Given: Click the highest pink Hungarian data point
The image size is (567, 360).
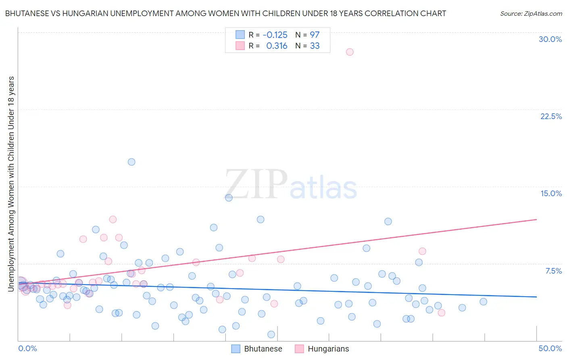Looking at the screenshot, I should coord(350,52).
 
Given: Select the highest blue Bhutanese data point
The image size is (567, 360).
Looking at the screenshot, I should coord(131,162).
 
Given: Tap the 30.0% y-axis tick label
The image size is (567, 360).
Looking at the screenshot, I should coord(550,39).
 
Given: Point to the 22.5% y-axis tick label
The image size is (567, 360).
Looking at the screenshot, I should coord(551,116).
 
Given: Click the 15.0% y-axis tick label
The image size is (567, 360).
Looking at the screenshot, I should coord(551,193).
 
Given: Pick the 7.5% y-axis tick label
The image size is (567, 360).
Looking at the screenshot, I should coord(553,271).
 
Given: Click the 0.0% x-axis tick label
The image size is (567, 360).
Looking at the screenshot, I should coord(27,348).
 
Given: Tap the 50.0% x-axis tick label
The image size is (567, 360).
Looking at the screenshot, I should coord(550,348).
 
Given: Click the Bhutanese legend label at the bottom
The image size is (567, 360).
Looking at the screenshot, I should coord(263,349).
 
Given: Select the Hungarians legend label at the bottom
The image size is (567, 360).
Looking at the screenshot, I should coord(328,349).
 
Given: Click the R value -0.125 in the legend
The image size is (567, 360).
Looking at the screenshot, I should coord(275,35).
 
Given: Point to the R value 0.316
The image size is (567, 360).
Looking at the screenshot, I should coord(277,46).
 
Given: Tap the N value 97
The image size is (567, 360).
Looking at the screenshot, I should coord(315,35).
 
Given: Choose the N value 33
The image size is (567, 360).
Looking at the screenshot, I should coord(315,46).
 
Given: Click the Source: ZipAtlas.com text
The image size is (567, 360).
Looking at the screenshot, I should coord(531,13).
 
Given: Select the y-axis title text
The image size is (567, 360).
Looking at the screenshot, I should coord(11,184).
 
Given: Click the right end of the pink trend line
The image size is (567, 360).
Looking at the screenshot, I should coord(536,220).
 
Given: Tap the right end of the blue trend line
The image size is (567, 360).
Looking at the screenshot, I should coord(536,297).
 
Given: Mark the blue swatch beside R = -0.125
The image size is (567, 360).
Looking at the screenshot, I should coord(240,35).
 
